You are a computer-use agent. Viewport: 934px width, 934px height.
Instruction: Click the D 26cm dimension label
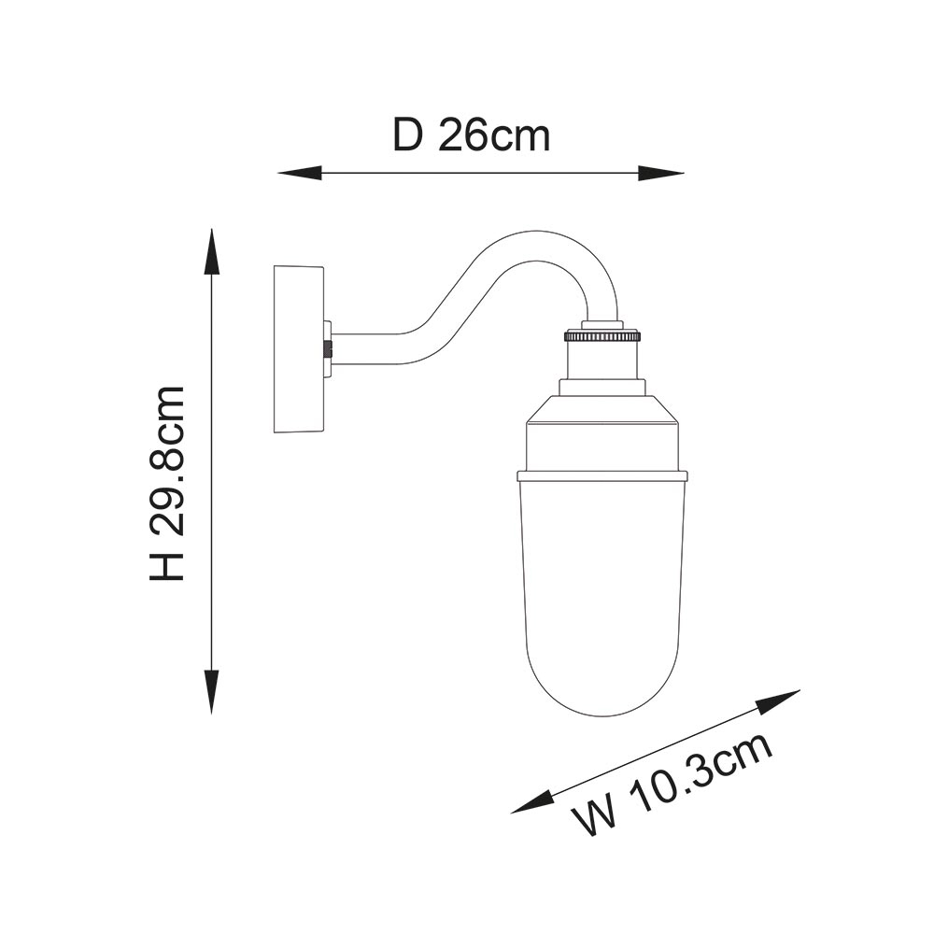pyautogui.click(x=471, y=136)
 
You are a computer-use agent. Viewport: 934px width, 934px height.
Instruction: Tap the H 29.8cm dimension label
pyautogui.click(x=166, y=483)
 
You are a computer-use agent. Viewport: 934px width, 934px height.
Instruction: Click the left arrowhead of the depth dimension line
pyautogui.click(x=300, y=174)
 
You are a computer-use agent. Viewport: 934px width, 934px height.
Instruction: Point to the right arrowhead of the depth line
pyautogui.click(x=661, y=174)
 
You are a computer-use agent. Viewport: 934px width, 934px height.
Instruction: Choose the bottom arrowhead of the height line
pyautogui.click(x=211, y=691)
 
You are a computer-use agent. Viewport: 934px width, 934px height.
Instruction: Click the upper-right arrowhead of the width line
pyautogui.click(x=778, y=700)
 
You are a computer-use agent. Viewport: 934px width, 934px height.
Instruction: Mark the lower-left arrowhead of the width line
pyautogui.click(x=532, y=803)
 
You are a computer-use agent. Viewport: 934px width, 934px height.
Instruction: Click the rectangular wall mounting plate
pyautogui.click(x=299, y=349)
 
